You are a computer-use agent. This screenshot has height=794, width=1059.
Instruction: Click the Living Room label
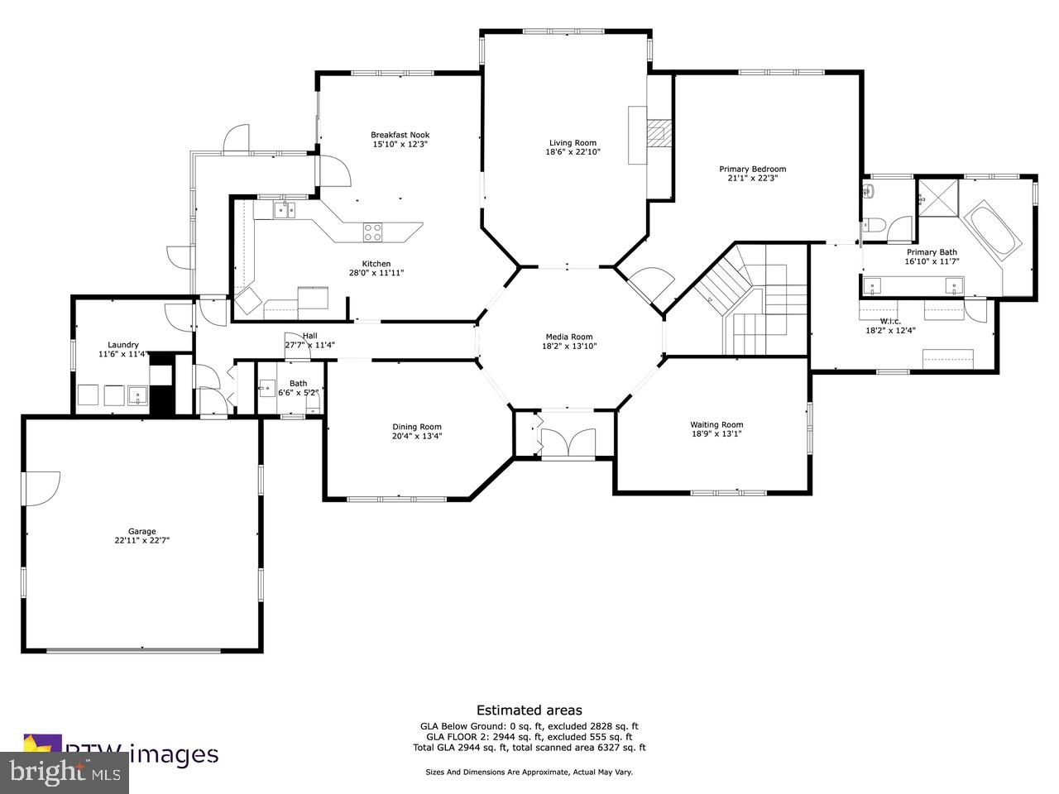pyautogui.click(x=571, y=142)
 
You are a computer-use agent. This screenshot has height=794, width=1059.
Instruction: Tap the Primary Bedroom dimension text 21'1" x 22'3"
pyautogui.click(x=752, y=178)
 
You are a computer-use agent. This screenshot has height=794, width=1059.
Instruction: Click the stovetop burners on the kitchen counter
pyautogui.click(x=373, y=232)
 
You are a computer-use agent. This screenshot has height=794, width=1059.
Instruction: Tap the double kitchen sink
pyautogui.click(x=285, y=210)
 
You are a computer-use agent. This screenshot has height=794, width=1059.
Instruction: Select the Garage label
pyautogui.click(x=141, y=532)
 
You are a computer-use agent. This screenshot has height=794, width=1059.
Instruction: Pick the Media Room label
pyautogui.click(x=569, y=337)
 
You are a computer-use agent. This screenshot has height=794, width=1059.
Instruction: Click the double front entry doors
pyautogui.click(x=567, y=442)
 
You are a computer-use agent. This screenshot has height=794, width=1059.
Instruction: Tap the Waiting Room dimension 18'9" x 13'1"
pyautogui.click(x=716, y=434)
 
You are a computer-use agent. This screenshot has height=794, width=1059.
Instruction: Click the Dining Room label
pyautogui.click(x=417, y=427)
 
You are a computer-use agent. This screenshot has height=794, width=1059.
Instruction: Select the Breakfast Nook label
pyautogui.click(x=400, y=135)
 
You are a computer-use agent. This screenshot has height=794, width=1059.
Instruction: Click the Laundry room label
pyautogui.click(x=123, y=345)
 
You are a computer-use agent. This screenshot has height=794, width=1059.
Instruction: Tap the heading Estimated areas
pyautogui.click(x=529, y=710)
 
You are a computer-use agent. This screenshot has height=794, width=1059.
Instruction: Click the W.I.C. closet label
pyautogui.click(x=890, y=321)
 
